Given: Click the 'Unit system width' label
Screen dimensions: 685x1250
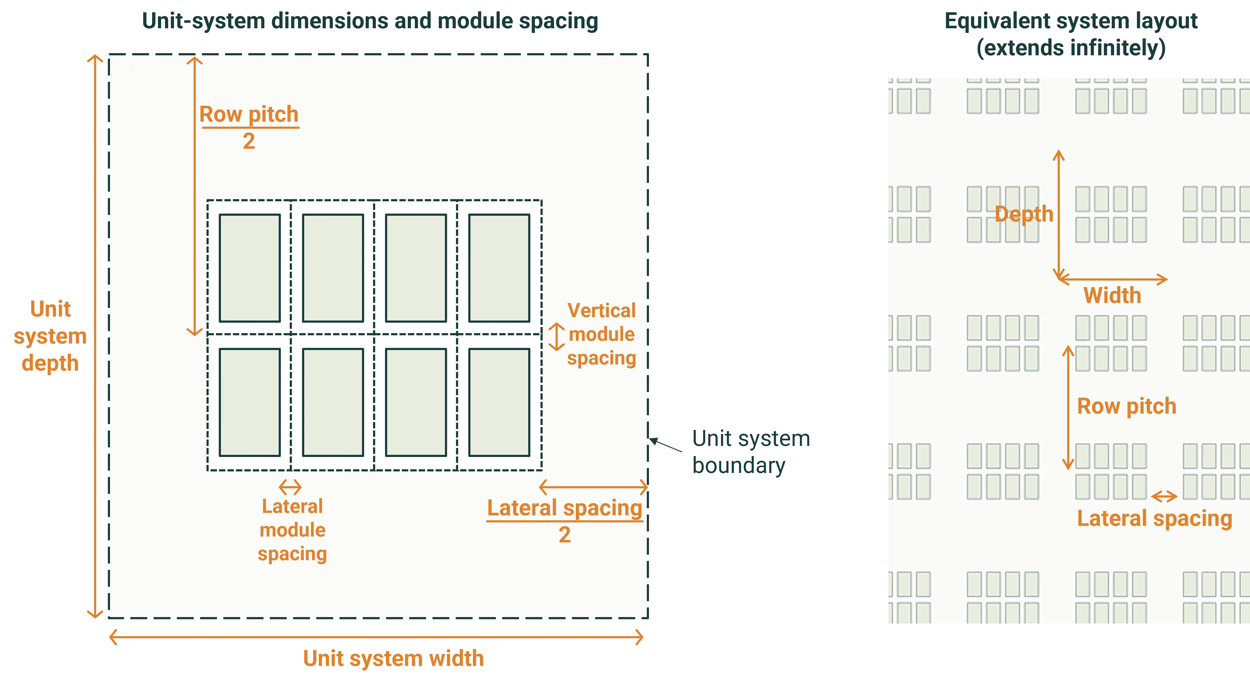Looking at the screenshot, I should pyautogui.click(x=393, y=658).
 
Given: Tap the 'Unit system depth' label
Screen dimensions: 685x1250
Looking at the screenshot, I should pyautogui.click(x=50, y=336).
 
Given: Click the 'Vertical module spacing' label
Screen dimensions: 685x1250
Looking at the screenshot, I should pyautogui.click(x=601, y=334).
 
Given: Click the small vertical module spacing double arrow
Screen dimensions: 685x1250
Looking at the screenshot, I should pyautogui.click(x=556, y=337).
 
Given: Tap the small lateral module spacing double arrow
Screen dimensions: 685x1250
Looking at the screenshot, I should pyautogui.click(x=290, y=487).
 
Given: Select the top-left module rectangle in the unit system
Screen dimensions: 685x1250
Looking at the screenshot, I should pyautogui.click(x=250, y=268).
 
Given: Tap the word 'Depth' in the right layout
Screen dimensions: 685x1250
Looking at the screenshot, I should pyautogui.click(x=1024, y=214).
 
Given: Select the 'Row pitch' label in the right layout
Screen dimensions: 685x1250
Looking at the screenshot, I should pyautogui.click(x=1126, y=406).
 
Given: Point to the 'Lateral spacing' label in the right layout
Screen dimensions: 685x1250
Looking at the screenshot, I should pyautogui.click(x=1154, y=518).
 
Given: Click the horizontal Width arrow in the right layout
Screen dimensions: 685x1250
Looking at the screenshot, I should pyautogui.click(x=1112, y=279).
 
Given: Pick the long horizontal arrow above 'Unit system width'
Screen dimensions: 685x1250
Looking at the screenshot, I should pyautogui.click(x=376, y=636).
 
